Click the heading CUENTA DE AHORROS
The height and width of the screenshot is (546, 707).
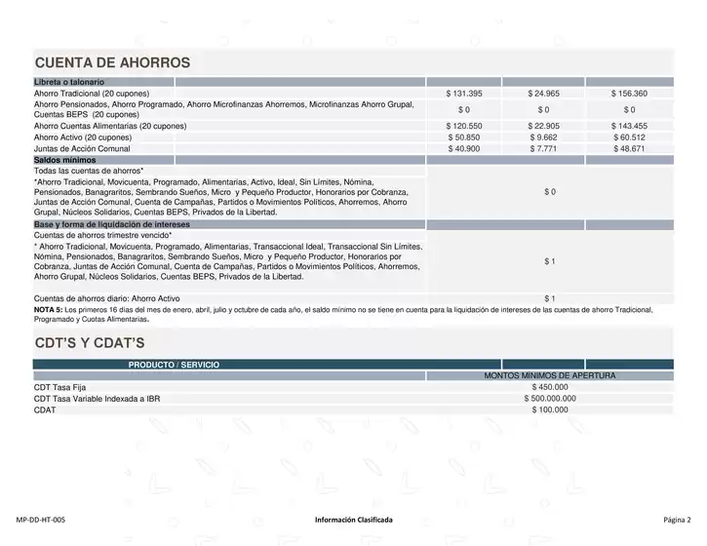point(112,63)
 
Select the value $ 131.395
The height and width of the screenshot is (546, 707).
point(464,94)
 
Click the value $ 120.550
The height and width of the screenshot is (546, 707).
point(464,127)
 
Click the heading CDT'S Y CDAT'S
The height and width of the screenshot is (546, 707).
point(89,342)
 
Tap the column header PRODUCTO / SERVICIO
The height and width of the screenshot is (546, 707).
point(174,365)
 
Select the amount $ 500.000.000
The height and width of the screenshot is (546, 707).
point(550,398)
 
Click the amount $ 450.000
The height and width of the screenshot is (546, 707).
point(550,387)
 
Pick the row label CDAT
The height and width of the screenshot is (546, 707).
point(45,409)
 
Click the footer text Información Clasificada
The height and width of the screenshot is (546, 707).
point(354,521)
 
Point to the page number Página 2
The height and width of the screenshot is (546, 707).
point(676,521)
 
